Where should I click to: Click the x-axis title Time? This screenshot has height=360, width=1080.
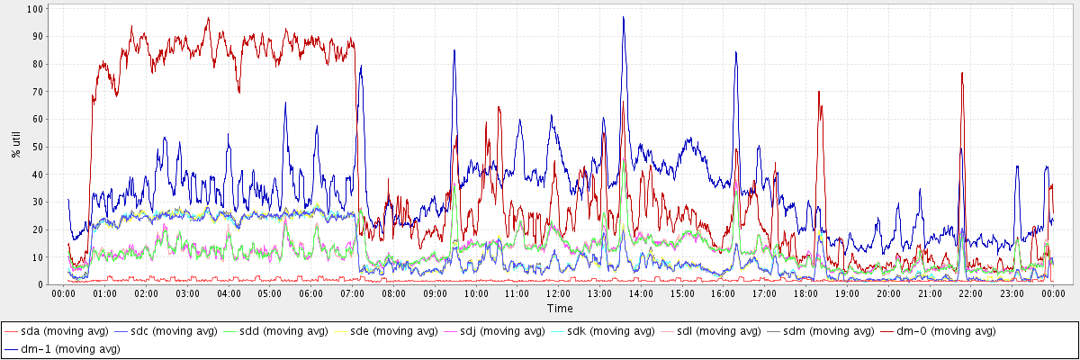coord(559,309)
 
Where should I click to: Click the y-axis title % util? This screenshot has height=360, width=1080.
coord(15,143)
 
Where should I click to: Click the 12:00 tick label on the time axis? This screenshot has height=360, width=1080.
coord(559,294)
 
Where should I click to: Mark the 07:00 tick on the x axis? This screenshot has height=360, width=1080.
coord(353,294)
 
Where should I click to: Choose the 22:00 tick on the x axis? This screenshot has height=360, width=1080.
coord(971,294)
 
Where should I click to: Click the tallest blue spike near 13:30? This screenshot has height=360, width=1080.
coord(623,17)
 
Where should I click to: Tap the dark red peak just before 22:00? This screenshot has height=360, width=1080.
coord(962,73)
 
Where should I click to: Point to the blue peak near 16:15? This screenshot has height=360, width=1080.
coord(735,52)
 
